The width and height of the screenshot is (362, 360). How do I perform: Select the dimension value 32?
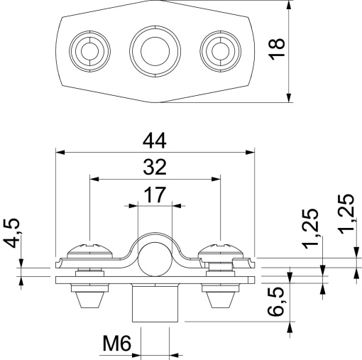[x=155, y=167]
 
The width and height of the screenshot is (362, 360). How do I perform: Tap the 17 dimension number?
[x=155, y=193]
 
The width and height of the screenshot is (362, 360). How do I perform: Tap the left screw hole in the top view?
[x=89, y=50]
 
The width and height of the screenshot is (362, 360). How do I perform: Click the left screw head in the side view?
[x=88, y=250]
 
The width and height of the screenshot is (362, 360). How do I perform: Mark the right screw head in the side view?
[x=221, y=250]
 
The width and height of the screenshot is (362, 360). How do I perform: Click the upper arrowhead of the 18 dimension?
[x=291, y=6]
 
